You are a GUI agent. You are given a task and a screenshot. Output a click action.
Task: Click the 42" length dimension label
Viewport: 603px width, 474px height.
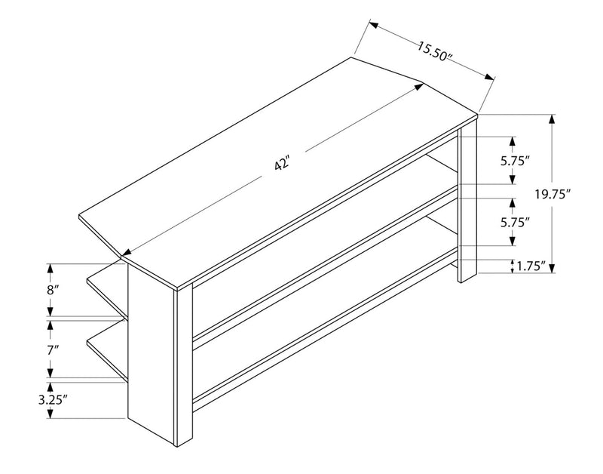click(x=282, y=165)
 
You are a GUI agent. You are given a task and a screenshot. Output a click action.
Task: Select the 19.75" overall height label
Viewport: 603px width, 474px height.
click(x=552, y=194)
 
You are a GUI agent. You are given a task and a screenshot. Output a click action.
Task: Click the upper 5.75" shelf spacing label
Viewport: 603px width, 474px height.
click(x=513, y=161)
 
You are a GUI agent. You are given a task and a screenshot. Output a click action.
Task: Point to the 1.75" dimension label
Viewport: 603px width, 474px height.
click(x=531, y=266)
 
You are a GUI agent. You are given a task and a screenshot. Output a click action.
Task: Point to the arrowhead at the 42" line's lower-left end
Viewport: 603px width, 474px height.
click(x=127, y=253)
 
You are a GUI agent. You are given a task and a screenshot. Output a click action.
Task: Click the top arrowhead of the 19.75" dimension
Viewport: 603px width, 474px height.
click(x=552, y=119)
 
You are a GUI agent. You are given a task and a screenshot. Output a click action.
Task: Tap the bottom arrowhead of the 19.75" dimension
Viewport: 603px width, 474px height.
click(x=552, y=268)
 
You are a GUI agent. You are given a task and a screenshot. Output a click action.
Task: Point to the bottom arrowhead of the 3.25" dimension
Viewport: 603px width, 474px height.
click(x=50, y=414)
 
